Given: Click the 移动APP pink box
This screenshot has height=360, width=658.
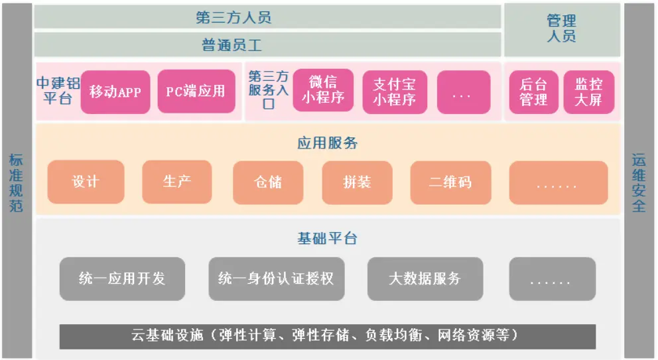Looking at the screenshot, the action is [x=115, y=91].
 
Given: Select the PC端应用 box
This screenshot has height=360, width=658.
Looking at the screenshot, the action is [x=196, y=91].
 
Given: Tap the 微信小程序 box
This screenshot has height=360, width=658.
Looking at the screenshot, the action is [x=323, y=91].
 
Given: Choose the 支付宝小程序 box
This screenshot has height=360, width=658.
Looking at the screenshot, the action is [x=394, y=91].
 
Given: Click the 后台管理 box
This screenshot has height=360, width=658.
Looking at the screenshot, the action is [x=533, y=91].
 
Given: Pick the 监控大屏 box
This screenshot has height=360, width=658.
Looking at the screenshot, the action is [x=588, y=91].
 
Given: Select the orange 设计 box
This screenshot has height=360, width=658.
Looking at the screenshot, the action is [x=86, y=182].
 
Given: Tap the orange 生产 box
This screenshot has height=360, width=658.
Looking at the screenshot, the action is [x=177, y=181].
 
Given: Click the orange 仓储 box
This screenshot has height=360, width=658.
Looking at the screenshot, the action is [x=268, y=182].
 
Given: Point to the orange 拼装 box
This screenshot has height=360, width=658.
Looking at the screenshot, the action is [x=357, y=182].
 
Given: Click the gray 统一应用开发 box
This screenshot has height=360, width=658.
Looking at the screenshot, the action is [x=122, y=278].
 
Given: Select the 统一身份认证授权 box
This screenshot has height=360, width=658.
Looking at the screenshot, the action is [x=276, y=278].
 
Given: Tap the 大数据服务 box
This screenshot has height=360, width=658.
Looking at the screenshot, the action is [x=425, y=278].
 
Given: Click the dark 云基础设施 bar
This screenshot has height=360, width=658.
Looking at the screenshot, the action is [x=327, y=336].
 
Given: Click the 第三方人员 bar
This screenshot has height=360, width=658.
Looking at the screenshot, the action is [x=267, y=17].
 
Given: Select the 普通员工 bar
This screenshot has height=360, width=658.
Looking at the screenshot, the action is [x=267, y=45].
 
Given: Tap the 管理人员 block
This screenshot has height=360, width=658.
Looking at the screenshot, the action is [x=562, y=30].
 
